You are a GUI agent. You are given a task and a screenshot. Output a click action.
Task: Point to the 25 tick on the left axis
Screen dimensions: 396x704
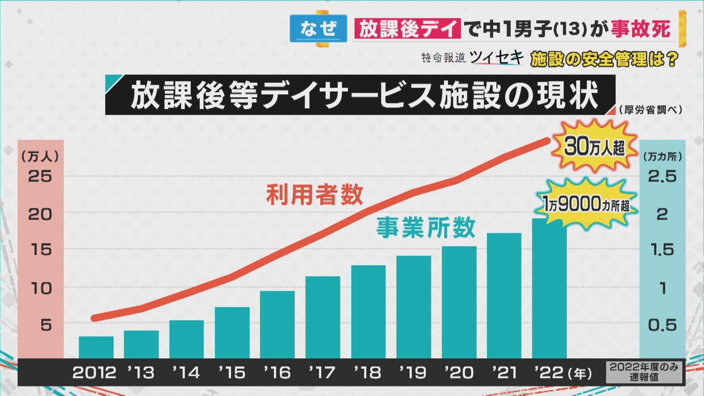click(x=40, y=176)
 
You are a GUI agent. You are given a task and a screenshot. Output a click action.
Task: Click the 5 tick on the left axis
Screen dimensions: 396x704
click(x=46, y=325)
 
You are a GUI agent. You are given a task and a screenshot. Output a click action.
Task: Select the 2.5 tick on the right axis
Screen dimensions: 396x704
click(x=662, y=176)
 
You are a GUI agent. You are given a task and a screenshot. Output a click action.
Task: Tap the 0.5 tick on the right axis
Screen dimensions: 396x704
click(x=662, y=325)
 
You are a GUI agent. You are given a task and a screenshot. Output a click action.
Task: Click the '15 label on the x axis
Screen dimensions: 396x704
click(x=232, y=373)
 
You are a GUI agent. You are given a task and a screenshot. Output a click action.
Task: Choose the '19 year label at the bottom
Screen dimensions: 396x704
click(x=413, y=373)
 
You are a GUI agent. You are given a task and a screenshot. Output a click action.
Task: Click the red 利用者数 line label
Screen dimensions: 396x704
click(x=314, y=195)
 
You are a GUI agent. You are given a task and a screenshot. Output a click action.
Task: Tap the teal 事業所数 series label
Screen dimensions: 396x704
click(x=426, y=228)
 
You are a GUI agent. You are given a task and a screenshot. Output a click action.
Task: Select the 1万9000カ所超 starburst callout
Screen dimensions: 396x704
click(x=586, y=204)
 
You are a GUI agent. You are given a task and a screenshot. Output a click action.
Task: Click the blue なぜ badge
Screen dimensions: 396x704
click(x=318, y=29)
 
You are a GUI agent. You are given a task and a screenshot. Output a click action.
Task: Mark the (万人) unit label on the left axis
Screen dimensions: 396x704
click(x=40, y=157)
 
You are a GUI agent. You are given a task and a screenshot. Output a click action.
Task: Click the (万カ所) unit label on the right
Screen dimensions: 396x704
click(x=663, y=157)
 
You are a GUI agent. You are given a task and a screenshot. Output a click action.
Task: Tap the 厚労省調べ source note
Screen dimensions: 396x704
click(x=650, y=110)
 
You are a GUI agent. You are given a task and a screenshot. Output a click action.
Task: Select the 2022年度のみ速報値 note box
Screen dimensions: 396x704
click(x=644, y=372)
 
